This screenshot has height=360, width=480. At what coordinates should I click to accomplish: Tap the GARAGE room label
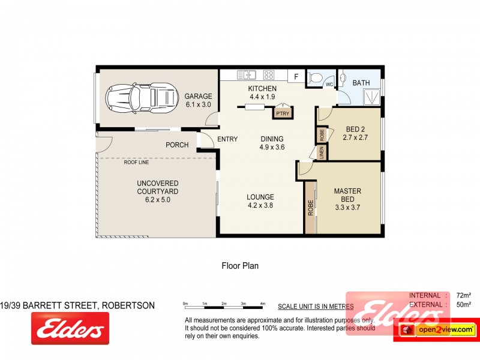[198, 96]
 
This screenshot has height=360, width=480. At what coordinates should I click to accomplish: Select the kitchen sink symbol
[247, 75]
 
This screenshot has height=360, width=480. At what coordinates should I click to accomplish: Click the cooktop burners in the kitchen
[269, 75]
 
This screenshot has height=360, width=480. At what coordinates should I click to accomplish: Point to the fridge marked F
[296, 76]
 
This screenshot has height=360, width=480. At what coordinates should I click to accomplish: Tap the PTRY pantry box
[283, 112]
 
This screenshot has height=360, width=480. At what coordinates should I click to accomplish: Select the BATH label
[361, 83]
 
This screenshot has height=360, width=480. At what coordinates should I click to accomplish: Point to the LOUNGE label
[260, 197]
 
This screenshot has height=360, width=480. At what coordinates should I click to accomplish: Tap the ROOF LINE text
[136, 162]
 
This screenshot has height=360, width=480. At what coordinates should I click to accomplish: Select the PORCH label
[178, 145]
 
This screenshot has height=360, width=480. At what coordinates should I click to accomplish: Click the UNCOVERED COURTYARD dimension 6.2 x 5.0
[157, 200]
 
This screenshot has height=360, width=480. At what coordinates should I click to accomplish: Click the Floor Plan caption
[240, 265]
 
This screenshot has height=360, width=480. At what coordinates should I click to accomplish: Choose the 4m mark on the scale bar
[262, 304]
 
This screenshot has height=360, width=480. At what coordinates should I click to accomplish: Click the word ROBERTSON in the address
[128, 305]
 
